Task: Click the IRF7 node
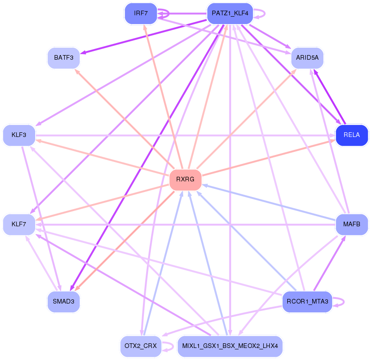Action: pos(141,13)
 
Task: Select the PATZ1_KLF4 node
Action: pos(230,13)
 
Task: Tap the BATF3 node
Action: pos(64,58)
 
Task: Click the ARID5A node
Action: pos(307,58)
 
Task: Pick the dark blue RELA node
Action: pos(352,135)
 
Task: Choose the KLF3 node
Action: pos(19,135)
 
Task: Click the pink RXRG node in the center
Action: pos(185,180)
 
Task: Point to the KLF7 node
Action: pos(19,224)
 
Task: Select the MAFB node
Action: pos(352,224)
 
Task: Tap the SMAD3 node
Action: pos(64,302)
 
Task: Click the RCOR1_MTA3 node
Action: pos(307,302)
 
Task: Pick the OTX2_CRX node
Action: pos(141,346)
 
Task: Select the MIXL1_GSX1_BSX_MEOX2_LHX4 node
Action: pos(230,346)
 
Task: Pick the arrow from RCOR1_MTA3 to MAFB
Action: pos(329,263)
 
